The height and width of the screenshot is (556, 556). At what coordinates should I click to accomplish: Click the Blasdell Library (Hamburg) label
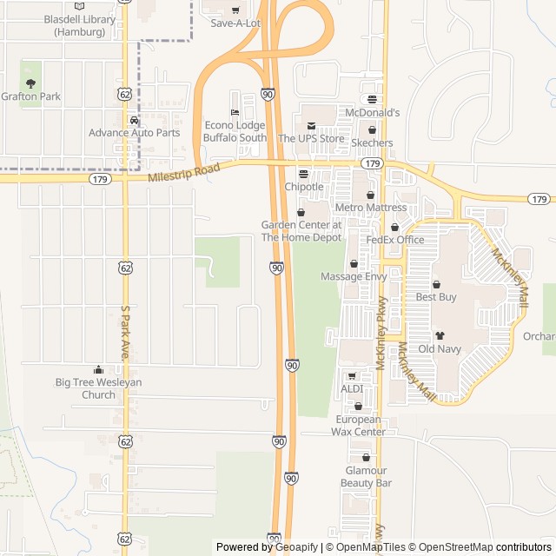tap(80, 26)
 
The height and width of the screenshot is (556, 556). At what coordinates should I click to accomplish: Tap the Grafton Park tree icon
tap(31, 84)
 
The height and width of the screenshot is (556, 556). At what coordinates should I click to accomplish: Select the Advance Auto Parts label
tap(134, 133)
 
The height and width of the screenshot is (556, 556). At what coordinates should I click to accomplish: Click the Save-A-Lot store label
tap(235, 23)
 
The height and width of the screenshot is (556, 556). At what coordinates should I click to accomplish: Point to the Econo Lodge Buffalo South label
tap(235, 131)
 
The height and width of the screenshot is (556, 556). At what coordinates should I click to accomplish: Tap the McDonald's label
tap(372, 113)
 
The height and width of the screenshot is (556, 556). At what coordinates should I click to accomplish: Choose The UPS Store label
tap(311, 138)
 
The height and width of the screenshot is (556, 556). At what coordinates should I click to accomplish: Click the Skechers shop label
tap(372, 142)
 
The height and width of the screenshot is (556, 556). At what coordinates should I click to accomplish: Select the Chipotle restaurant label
tap(304, 187)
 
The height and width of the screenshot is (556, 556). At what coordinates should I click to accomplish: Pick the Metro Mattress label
tap(370, 208)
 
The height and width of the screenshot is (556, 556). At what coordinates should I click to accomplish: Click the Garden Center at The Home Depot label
tap(301, 231)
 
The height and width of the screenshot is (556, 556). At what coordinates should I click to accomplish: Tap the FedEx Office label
tap(394, 240)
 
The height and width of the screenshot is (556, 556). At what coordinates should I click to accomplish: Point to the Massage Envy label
tap(353, 276)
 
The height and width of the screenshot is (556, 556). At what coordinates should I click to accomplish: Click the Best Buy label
tap(436, 297)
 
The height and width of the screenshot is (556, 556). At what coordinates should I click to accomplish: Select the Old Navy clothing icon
tap(440, 334)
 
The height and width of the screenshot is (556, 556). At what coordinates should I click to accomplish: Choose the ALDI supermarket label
tap(352, 388)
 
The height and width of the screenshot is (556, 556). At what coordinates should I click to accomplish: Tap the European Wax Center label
tap(359, 426)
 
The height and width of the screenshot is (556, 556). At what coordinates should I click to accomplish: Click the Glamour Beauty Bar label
tap(366, 476)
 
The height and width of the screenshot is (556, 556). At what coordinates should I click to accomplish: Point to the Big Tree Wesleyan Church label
tap(98, 388)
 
